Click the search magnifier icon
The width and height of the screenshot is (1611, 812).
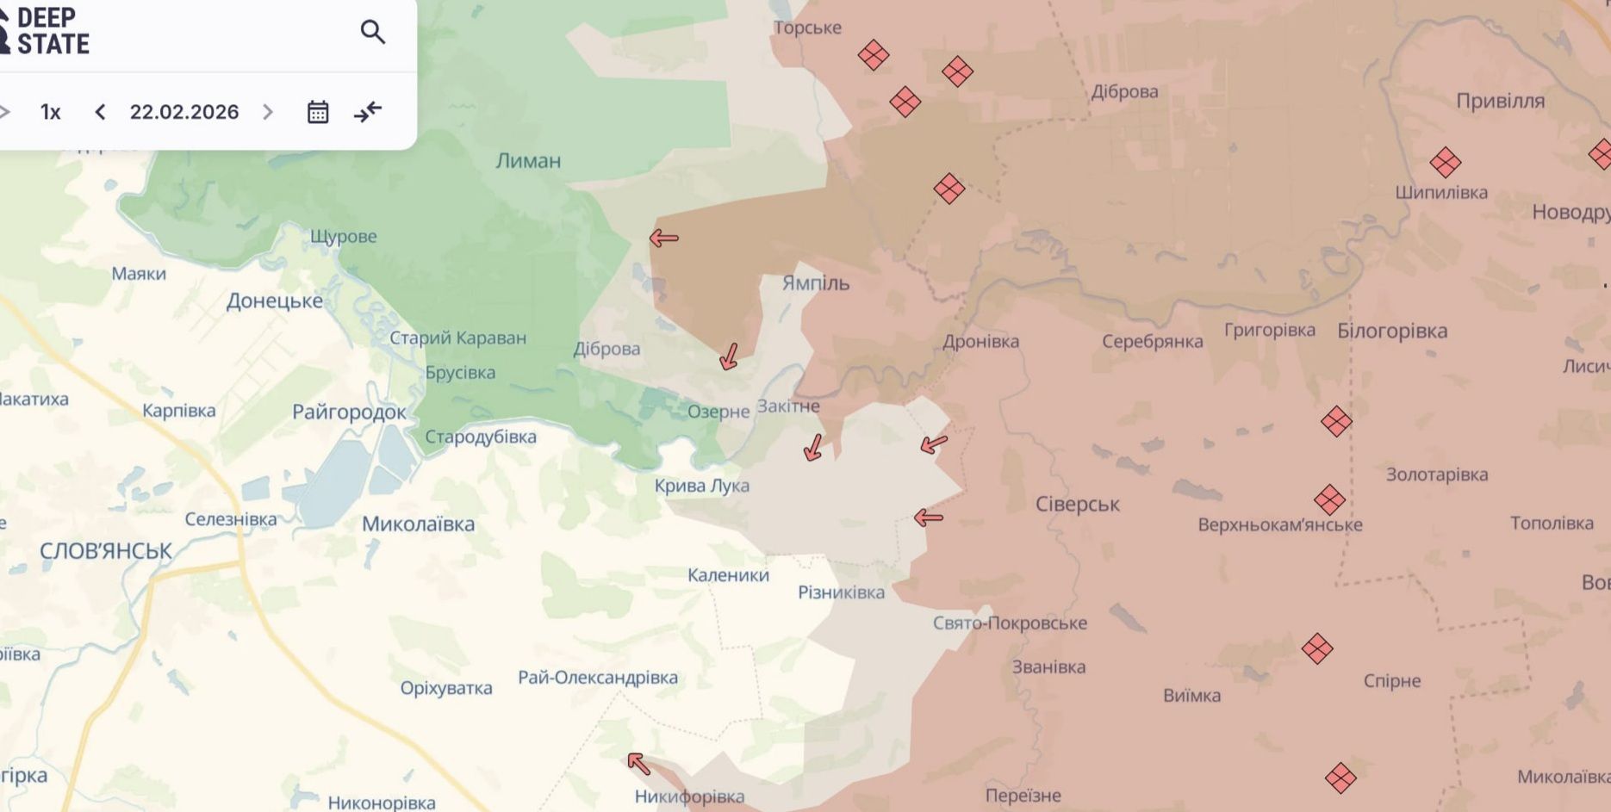pyautogui.click(x=372, y=33)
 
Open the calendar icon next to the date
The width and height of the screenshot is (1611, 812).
pyautogui.click(x=318, y=112)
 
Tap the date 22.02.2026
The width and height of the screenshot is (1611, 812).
pyautogui.click(x=184, y=112)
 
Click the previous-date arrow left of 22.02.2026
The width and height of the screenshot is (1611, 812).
pyautogui.click(x=100, y=112)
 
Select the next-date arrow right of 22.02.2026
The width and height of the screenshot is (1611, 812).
pyautogui.click(x=268, y=112)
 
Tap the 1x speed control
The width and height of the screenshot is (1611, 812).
pyautogui.click(x=51, y=112)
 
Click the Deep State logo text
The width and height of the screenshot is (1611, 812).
pyautogui.click(x=52, y=31)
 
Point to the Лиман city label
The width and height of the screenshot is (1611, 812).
pyautogui.click(x=528, y=161)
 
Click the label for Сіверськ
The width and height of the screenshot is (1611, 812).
pyautogui.click(x=1077, y=505)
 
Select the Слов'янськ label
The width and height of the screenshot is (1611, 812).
pyautogui.click(x=106, y=551)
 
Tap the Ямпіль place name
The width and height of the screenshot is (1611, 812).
pyautogui.click(x=815, y=283)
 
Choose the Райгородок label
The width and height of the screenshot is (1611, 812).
pyautogui.click(x=349, y=412)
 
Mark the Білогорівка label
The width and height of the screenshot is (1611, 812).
pyautogui.click(x=1392, y=332)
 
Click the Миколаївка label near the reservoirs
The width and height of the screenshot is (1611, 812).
pyautogui.click(x=418, y=524)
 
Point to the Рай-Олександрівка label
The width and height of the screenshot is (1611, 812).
pyautogui.click(x=598, y=678)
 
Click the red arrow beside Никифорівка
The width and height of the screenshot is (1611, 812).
pyautogui.click(x=638, y=763)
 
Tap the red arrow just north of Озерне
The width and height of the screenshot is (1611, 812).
pyautogui.click(x=730, y=356)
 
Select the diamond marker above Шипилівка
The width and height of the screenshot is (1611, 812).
pyautogui.click(x=1445, y=162)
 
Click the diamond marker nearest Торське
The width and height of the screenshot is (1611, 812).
pyautogui.click(x=874, y=56)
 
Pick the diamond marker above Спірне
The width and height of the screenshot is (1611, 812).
pyautogui.click(x=1317, y=648)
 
